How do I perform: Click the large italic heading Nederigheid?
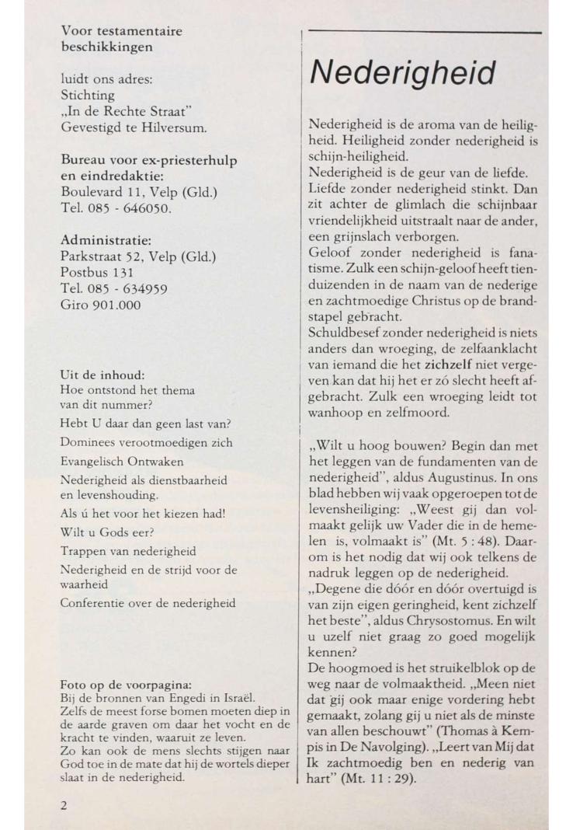402,73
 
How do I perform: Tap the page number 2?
64,805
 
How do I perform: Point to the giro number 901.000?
116,305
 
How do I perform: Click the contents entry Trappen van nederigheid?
128,552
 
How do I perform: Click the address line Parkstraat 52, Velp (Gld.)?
137,256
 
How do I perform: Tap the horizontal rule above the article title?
424,33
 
